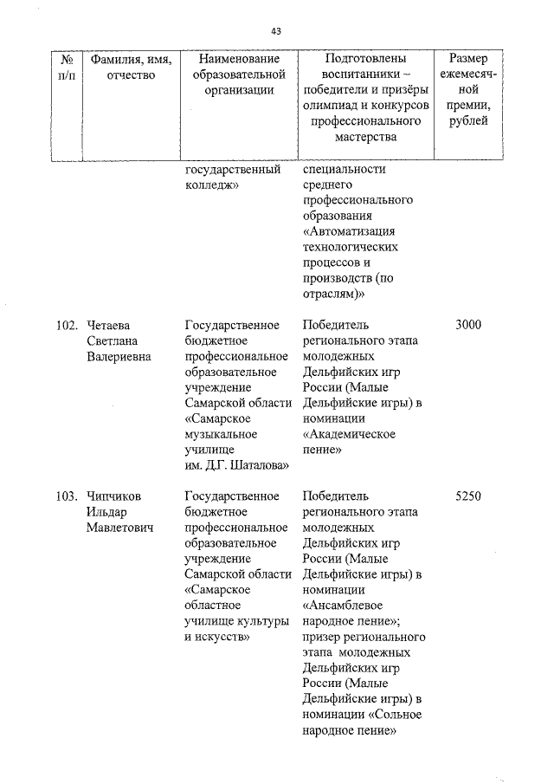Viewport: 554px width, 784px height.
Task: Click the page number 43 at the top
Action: click(276, 31)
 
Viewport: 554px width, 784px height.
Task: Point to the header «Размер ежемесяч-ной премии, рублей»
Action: click(468, 90)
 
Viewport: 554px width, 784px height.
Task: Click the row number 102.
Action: click(66, 326)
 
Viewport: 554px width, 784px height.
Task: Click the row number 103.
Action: click(66, 497)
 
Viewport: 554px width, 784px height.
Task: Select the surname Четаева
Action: click(108, 326)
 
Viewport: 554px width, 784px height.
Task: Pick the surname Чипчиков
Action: click(114, 497)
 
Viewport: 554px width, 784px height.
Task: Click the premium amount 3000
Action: click(467, 326)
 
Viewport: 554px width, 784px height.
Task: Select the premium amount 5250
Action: click(467, 497)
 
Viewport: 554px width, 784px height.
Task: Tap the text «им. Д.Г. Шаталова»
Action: click(236, 466)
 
